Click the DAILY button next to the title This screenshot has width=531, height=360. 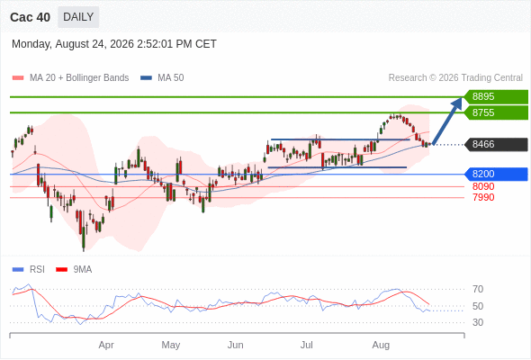(x=78, y=17)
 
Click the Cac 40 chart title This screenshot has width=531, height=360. (x=30, y=17)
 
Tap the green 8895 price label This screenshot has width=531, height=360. (x=496, y=96)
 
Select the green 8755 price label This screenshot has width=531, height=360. (x=496, y=112)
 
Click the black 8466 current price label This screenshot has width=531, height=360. (x=496, y=145)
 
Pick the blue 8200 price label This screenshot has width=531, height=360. (x=496, y=174)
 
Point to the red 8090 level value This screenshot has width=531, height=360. (x=483, y=186)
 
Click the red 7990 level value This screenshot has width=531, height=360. (x=483, y=197)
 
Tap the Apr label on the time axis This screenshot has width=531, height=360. (x=106, y=345)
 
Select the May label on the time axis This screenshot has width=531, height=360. (x=171, y=345)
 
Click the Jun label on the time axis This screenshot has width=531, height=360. (x=236, y=345)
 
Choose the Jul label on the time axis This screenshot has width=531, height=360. (x=307, y=345)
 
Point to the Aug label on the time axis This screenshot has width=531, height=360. (x=381, y=345)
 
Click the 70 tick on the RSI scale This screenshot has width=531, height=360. (x=478, y=289)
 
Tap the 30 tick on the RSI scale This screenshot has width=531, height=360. (x=478, y=322)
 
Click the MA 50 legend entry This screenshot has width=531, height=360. (x=162, y=78)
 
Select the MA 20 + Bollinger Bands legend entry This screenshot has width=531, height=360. (x=70, y=78)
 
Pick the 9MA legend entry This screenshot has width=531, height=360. (x=74, y=270)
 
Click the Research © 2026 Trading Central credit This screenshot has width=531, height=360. (x=455, y=78)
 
